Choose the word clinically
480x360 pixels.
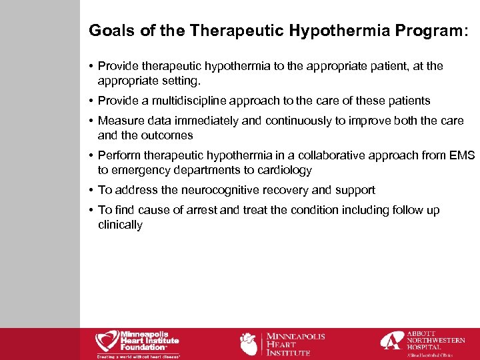pyautogui.click(x=120, y=225)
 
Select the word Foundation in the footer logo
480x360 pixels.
pyautogui.click(x=142, y=347)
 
